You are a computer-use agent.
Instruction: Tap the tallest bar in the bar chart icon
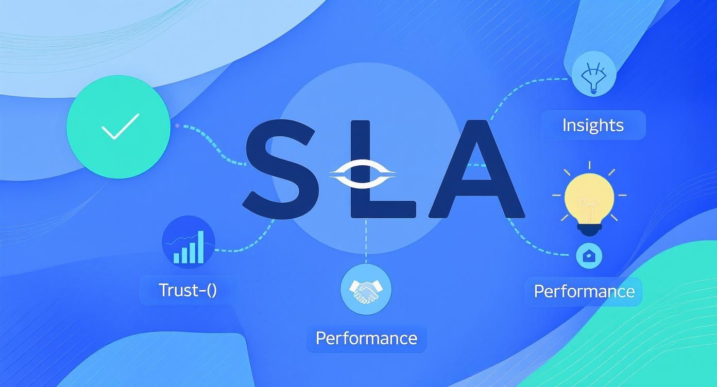click(200, 247)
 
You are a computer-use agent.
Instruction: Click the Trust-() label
click(188, 290)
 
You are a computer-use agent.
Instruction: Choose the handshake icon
click(366, 289)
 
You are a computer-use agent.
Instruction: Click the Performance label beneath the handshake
click(366, 338)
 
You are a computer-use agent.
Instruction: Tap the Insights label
click(593, 125)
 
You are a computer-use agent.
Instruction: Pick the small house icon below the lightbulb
click(588, 255)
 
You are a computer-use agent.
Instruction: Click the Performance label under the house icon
click(584, 291)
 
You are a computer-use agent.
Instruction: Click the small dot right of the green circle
click(177, 126)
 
